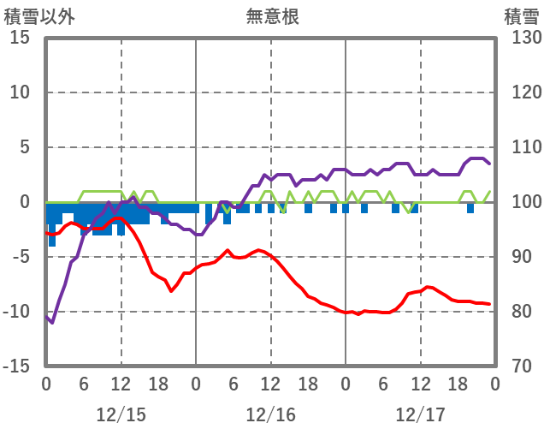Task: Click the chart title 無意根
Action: tap(272, 15)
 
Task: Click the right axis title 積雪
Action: tap(521, 15)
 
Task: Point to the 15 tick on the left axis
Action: tap(20, 38)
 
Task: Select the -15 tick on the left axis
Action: tap(16, 366)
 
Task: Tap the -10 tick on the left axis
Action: tap(16, 312)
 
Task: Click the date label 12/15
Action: tap(121, 414)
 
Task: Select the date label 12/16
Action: tap(270, 414)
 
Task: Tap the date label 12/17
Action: tap(420, 414)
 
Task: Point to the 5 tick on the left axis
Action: tap(25, 147)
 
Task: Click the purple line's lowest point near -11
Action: tap(52, 323)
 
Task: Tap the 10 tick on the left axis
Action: tap(20, 92)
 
